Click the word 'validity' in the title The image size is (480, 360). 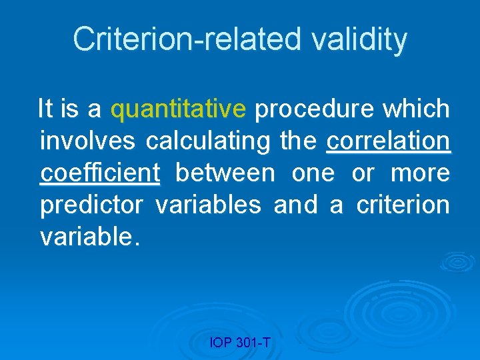coord(359,39)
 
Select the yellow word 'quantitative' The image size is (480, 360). coord(179,109)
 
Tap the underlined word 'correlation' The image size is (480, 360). coord(388,141)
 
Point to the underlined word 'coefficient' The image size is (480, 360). coord(100,173)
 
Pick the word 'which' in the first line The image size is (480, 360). coord(417,109)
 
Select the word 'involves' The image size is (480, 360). coord(88,141)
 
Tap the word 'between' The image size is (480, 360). coord(225,173)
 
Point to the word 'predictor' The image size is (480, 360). coord(91,205)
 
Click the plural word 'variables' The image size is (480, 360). coord(208,205)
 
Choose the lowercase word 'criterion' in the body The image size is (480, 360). coord(403,205)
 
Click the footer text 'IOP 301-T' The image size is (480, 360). coord(240,343)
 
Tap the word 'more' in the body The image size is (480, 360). coord(420,173)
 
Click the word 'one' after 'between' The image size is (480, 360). coord(313,173)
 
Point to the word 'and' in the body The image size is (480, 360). coord(296,205)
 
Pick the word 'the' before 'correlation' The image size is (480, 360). coord(299,141)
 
